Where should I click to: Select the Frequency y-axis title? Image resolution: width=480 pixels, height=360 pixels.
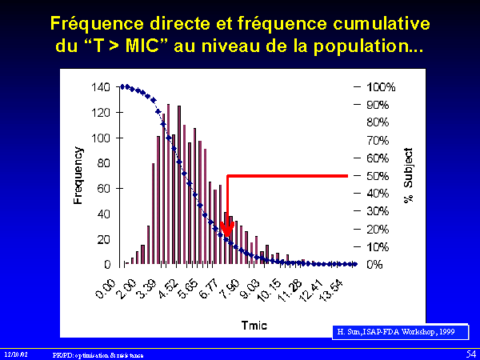[x=79, y=175]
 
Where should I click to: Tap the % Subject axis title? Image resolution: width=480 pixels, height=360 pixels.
[x=407, y=175]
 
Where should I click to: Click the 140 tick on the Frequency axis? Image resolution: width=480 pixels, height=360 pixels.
[x=102, y=87]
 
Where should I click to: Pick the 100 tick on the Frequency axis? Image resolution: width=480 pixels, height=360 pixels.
[x=102, y=138]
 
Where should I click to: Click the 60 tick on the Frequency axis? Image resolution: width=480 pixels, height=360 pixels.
[x=105, y=188]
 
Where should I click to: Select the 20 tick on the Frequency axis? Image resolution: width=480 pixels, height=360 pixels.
[x=105, y=239]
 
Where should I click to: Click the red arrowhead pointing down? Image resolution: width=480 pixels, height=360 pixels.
[x=228, y=233]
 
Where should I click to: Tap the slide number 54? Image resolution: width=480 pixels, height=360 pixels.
[x=470, y=353]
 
